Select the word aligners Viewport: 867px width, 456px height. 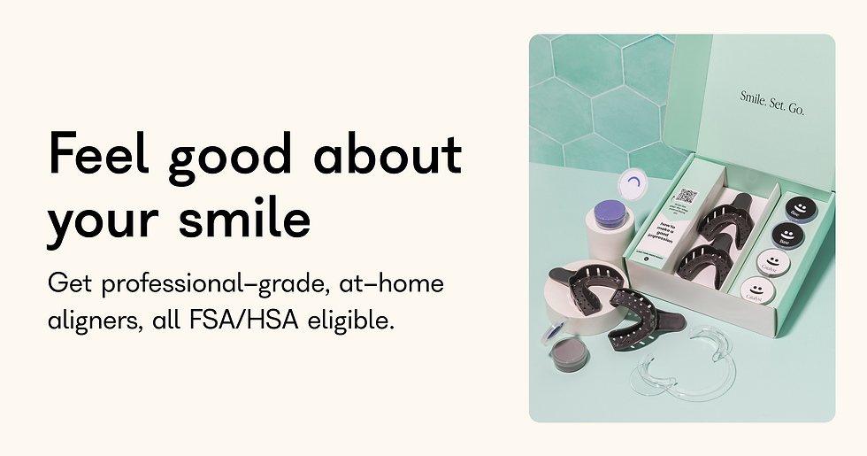89,320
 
